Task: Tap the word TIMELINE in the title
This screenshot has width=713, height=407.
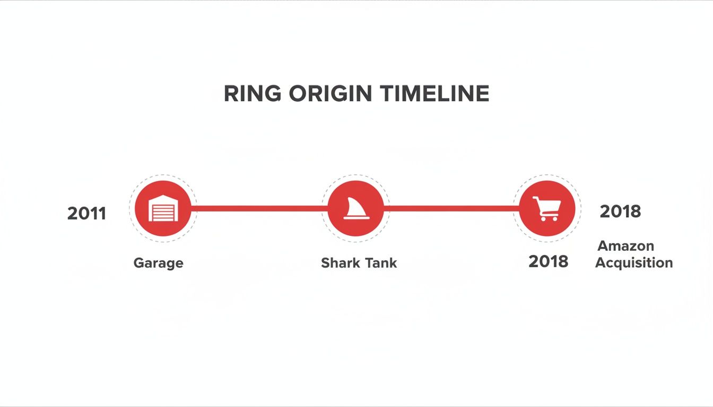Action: click(434, 94)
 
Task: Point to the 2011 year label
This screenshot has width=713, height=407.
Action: click(86, 214)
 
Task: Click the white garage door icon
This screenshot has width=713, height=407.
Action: click(163, 209)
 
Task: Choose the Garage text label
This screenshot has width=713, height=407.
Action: click(158, 263)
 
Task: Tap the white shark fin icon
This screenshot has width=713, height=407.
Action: click(355, 209)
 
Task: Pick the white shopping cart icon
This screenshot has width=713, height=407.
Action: click(547, 208)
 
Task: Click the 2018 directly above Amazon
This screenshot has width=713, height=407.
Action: click(620, 211)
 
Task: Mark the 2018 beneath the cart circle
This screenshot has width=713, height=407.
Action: click(548, 262)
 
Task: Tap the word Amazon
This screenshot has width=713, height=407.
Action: click(625, 246)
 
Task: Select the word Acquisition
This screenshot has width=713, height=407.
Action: click(633, 263)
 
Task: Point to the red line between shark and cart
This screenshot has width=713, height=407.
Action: click(451, 208)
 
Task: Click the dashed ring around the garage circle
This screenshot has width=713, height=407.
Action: click(163, 175)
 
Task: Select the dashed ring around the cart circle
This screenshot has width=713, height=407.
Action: click(547, 175)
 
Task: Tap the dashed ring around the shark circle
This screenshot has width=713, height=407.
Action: click(355, 175)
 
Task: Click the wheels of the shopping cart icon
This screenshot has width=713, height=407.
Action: click(548, 218)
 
